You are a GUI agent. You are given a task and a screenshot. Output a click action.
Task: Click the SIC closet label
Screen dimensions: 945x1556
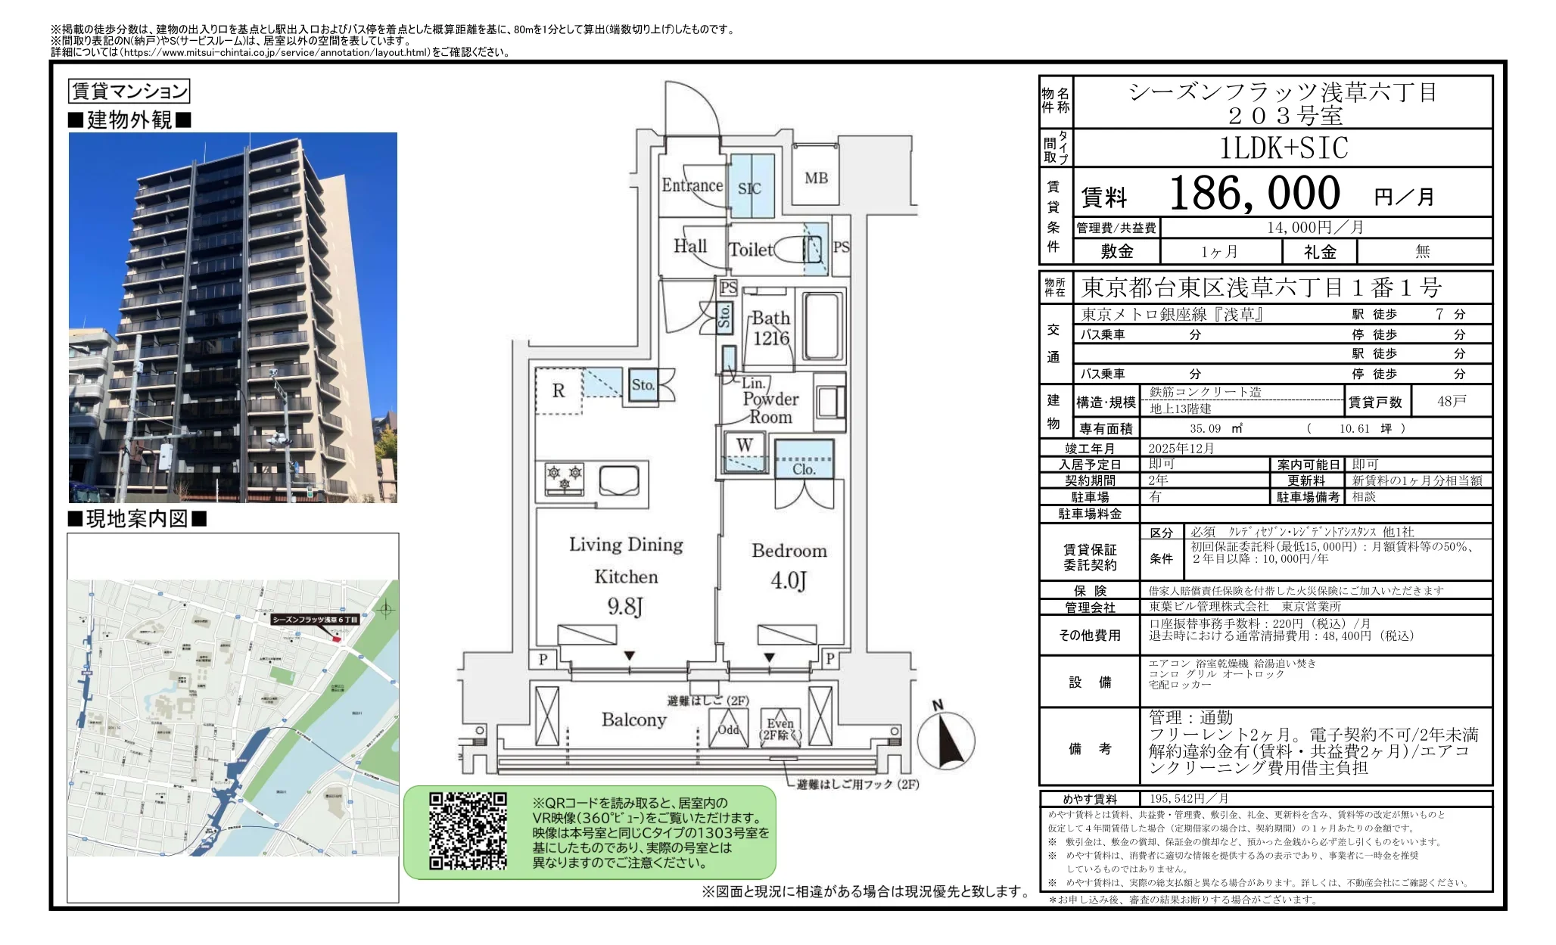point(749,188)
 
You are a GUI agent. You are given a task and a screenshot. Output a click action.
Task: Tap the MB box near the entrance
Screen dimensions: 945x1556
point(816,178)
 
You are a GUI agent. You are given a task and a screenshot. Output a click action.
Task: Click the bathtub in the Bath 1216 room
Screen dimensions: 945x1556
point(823,327)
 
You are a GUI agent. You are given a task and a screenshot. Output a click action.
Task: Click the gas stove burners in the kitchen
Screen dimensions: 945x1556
point(565,478)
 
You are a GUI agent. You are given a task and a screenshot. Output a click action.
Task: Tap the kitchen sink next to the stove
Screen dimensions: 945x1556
point(619,480)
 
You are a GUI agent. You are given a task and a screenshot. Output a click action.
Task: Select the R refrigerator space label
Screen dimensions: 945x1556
point(559,390)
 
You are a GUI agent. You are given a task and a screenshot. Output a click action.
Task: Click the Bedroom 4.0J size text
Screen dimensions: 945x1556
point(788,580)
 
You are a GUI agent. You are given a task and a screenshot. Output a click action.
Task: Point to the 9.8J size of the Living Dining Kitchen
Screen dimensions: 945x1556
point(625,606)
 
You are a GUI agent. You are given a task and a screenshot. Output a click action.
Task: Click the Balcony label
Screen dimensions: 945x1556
point(633,720)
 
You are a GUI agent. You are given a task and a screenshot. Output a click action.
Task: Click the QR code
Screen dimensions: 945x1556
point(468,831)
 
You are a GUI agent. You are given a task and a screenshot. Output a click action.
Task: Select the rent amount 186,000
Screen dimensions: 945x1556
point(1254,194)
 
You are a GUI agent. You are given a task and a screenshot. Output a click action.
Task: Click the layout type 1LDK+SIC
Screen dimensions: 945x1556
point(1284,148)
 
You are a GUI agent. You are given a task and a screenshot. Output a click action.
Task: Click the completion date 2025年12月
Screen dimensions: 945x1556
point(1181,448)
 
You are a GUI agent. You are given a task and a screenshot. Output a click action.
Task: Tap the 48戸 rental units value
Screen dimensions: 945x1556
point(1451,401)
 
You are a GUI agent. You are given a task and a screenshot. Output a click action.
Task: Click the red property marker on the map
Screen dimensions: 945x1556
point(337,639)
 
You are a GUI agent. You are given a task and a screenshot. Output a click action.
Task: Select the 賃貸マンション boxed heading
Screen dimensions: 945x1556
point(129,92)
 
